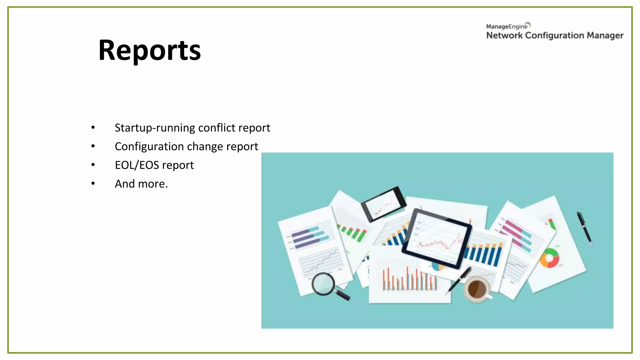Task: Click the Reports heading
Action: [x=149, y=50]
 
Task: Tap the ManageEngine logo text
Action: [x=507, y=27]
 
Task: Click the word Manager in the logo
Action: [x=605, y=36]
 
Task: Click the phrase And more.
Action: [x=141, y=184]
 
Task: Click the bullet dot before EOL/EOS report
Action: [x=93, y=165]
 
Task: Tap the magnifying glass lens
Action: [x=323, y=283]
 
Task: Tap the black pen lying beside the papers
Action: [x=584, y=228]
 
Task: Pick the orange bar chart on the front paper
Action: [x=409, y=279]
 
